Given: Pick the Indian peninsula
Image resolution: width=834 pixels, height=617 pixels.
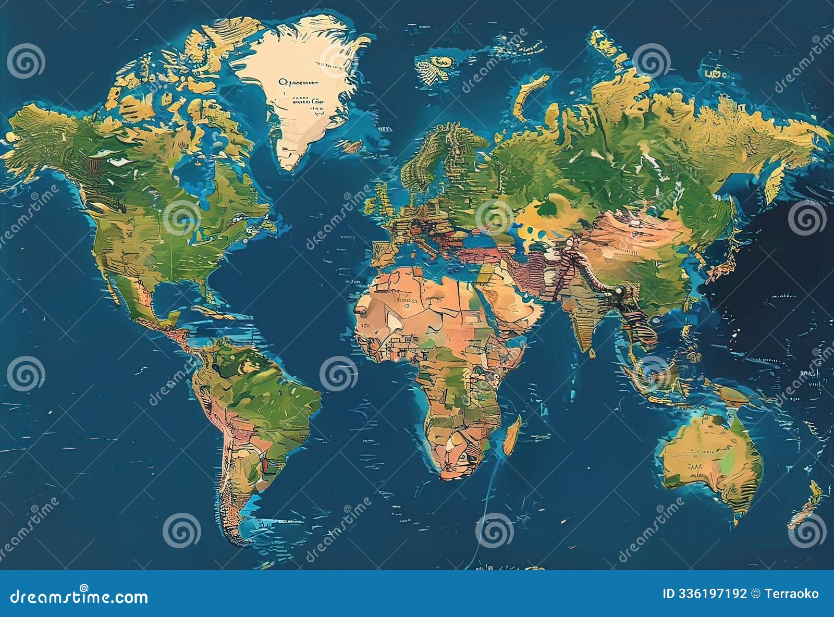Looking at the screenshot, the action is click(584, 318).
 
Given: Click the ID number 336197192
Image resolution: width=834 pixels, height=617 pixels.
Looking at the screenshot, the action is click(704, 594).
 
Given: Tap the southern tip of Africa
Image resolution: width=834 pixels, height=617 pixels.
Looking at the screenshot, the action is click(453, 474).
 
